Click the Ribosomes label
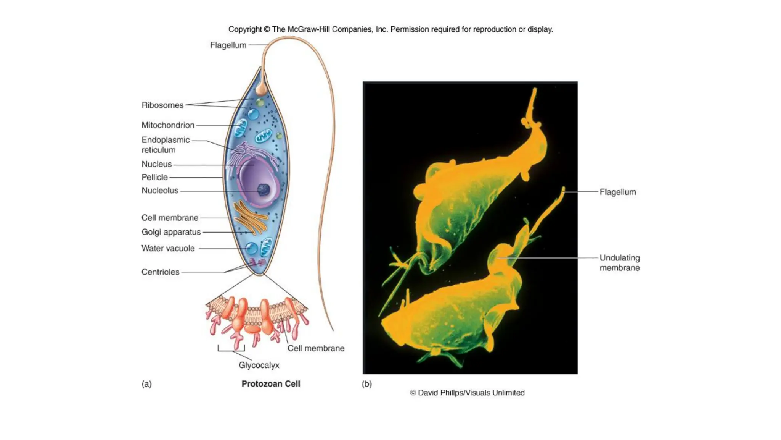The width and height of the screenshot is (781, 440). point(162,105)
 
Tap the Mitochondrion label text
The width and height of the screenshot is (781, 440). point(168,125)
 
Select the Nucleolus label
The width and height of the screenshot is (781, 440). point(160,190)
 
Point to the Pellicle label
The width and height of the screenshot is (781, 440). point(154,177)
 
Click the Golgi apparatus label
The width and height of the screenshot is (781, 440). point(171,232)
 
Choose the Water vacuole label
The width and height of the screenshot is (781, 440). point(168,248)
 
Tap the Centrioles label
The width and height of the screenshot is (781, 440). point(160,272)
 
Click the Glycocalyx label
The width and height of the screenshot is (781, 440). point(259,365)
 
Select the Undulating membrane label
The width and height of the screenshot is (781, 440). point(619,263)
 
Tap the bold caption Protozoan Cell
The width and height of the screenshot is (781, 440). point(271,384)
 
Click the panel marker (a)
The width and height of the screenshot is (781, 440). point(146,384)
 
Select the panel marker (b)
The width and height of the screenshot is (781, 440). point(367,384)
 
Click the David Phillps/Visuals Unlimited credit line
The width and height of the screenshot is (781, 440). point(467,393)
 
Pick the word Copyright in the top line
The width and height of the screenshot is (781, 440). point(245,29)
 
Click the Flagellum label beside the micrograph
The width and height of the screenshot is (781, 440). point(618,192)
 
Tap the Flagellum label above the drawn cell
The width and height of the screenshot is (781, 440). point(228,45)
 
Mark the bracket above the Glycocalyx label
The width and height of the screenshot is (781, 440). point(231,349)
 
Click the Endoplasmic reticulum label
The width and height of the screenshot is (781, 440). point(166,145)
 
